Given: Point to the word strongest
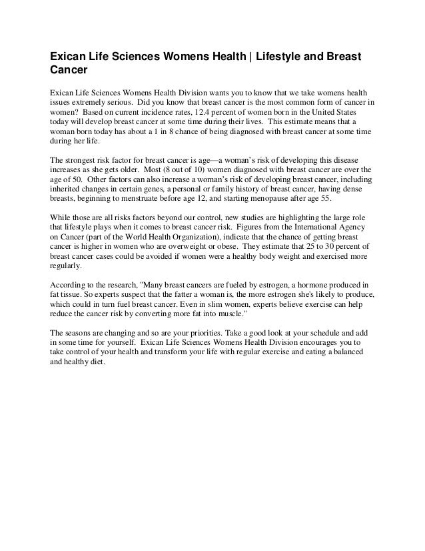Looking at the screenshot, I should pyautogui.click(x=83, y=161).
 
